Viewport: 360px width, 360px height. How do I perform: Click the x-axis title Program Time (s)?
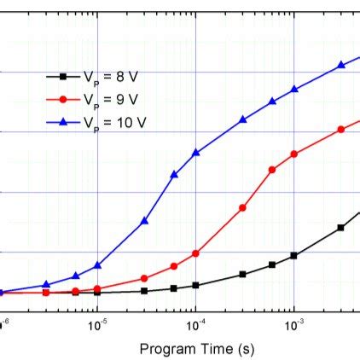196,348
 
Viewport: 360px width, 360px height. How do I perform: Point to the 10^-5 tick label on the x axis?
97,323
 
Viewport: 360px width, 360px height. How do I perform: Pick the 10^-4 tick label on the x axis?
195,323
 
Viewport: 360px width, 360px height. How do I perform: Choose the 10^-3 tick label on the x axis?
293,323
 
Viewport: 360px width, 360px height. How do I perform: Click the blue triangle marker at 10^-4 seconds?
196,153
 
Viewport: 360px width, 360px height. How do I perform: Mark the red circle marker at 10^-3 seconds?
293,154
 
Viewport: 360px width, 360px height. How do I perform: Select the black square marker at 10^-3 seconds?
293,255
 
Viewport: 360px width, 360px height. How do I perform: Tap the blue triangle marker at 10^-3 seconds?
293,89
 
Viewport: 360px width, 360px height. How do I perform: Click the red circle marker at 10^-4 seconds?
196,253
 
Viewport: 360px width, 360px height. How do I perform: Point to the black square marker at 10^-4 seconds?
196,285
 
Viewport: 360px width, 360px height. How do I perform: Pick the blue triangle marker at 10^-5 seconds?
98,265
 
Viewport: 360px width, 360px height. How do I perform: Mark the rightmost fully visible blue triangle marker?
341,64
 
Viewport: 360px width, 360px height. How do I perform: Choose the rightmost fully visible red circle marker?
341,130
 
